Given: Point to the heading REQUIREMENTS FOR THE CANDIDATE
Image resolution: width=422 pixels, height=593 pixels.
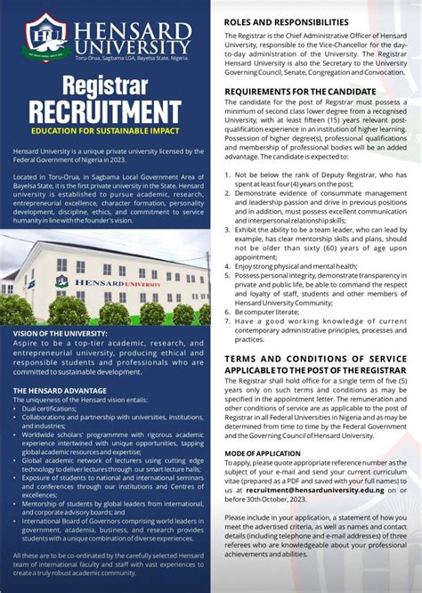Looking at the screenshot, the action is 300,91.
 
